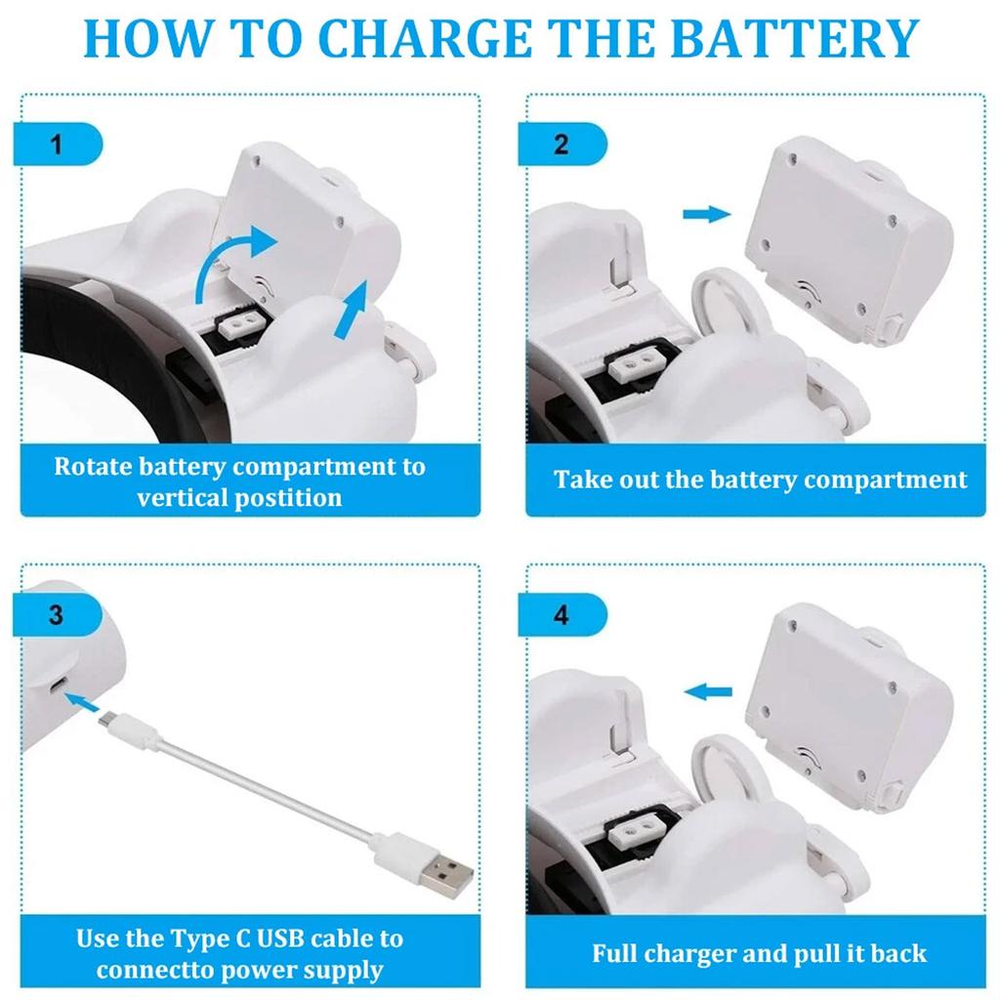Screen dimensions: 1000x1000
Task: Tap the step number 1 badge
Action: (x=58, y=145)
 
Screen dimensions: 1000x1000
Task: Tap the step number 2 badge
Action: (x=562, y=145)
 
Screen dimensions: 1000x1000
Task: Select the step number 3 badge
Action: (x=58, y=615)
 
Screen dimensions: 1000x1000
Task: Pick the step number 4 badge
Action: (x=562, y=615)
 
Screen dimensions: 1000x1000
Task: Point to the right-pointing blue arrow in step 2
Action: (x=707, y=214)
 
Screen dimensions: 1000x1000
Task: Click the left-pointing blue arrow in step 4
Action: (x=707, y=691)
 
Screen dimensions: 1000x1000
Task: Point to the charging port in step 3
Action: (x=58, y=687)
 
